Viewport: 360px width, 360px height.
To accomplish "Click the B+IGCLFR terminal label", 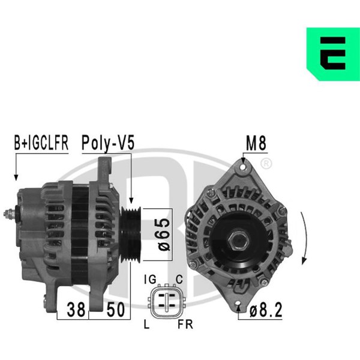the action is point(41,143).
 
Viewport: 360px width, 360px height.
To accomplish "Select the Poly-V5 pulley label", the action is point(108,143).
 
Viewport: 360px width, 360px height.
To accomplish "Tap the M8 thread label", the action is point(256,143).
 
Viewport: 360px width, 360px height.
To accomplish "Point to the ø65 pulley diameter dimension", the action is point(164,235).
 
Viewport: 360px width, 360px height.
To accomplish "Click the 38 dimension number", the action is point(76,310).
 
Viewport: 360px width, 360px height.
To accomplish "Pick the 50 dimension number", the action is point(115,310).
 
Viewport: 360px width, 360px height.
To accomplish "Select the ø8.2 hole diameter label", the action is point(266,310).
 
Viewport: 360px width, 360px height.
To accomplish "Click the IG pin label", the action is point(151,280).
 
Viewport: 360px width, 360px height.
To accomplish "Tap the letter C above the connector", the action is point(179,280).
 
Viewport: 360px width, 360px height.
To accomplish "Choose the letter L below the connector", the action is point(146,324).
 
